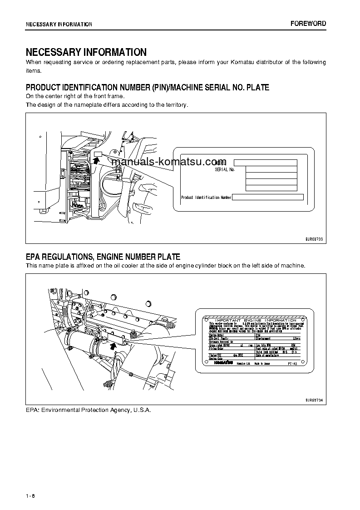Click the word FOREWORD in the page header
[308, 24]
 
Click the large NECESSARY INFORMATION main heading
[86, 52]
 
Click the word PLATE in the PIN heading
[257, 87]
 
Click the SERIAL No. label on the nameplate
[225, 169]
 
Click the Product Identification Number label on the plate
[206, 198]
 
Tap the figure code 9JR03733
[313, 238]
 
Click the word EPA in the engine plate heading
[34, 257]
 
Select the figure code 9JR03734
[313, 400]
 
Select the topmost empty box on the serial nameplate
[265, 163]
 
